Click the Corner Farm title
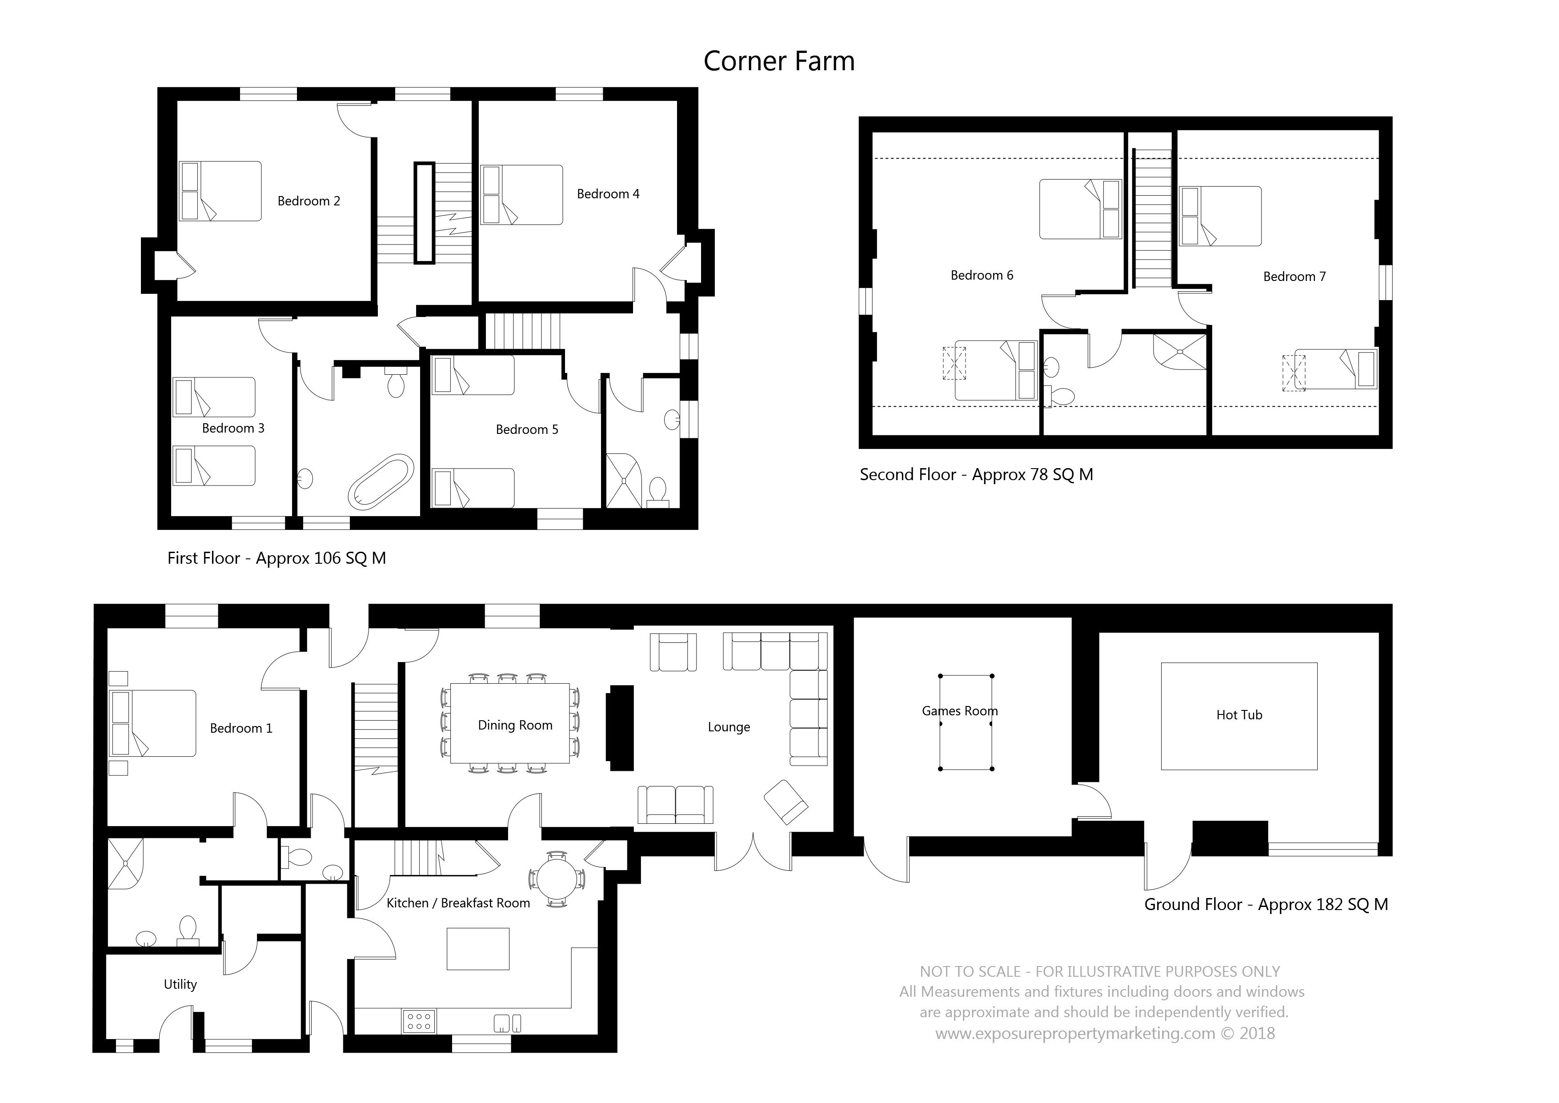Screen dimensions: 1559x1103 point(779,61)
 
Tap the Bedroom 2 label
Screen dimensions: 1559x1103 point(309,201)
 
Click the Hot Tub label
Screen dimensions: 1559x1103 point(1239,714)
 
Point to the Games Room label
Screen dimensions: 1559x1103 point(959,711)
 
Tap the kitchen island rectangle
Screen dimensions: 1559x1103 point(478,949)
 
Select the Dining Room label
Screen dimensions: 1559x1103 point(515,726)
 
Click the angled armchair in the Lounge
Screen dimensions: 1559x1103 point(786,802)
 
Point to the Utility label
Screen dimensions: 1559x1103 point(180,985)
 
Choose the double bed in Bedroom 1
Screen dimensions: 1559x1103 point(153,723)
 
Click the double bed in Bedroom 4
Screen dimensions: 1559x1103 point(521,195)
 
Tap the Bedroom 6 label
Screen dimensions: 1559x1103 point(982,275)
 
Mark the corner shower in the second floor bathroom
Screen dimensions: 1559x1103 point(1179,352)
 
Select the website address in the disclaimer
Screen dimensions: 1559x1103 point(1075,1033)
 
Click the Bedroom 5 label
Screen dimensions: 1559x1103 point(527,429)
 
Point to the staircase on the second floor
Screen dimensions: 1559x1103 point(1152,219)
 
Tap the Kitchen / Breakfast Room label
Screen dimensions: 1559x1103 point(458,902)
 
